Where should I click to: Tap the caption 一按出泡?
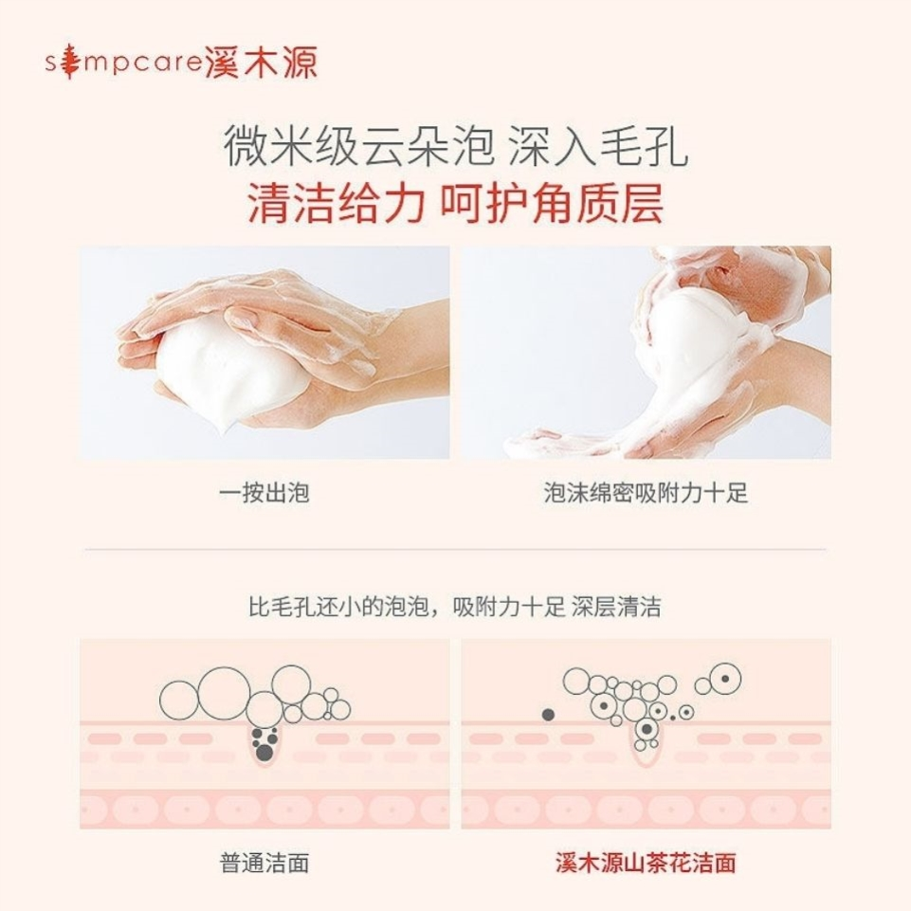pyautogui.click(x=264, y=493)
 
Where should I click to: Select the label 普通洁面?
pyautogui.click(x=264, y=863)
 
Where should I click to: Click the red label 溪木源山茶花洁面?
pyautogui.click(x=646, y=863)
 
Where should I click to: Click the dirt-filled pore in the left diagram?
pyautogui.click(x=265, y=744)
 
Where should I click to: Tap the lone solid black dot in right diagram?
pyautogui.click(x=547, y=714)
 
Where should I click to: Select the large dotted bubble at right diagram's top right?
pyautogui.click(x=725, y=679)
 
